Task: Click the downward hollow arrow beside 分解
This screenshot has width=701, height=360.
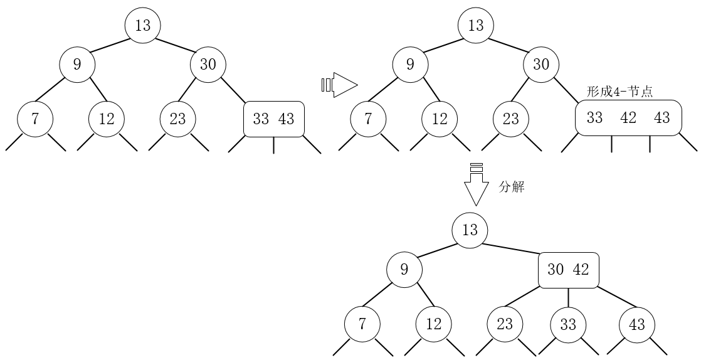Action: pos(476,186)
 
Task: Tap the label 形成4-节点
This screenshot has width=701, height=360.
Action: pos(619,92)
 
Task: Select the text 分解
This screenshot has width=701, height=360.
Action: pos(511,187)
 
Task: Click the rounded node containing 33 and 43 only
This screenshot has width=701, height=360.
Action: pos(273,119)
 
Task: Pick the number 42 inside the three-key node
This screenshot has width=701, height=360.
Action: pos(628,118)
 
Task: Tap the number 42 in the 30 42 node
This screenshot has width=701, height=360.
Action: pos(581,270)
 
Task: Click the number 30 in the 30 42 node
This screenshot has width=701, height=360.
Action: pos(556,270)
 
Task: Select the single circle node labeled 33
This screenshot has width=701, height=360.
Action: pos(568,324)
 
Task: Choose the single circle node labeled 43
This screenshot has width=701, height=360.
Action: pos(637,324)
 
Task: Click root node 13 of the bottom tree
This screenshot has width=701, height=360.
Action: pos(470,230)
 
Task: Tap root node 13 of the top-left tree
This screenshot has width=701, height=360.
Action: pos(143,26)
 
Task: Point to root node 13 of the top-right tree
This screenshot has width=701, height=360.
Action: pos(476,26)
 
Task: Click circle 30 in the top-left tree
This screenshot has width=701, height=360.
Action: pos(208,64)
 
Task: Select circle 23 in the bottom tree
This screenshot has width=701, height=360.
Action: pos(505,324)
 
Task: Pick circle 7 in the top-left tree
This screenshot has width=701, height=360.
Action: pos(35,119)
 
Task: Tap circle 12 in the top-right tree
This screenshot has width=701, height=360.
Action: pos(440,119)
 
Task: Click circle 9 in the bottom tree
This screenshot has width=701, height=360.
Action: pos(404,270)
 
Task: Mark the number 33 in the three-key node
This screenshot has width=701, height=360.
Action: pos(594,118)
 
